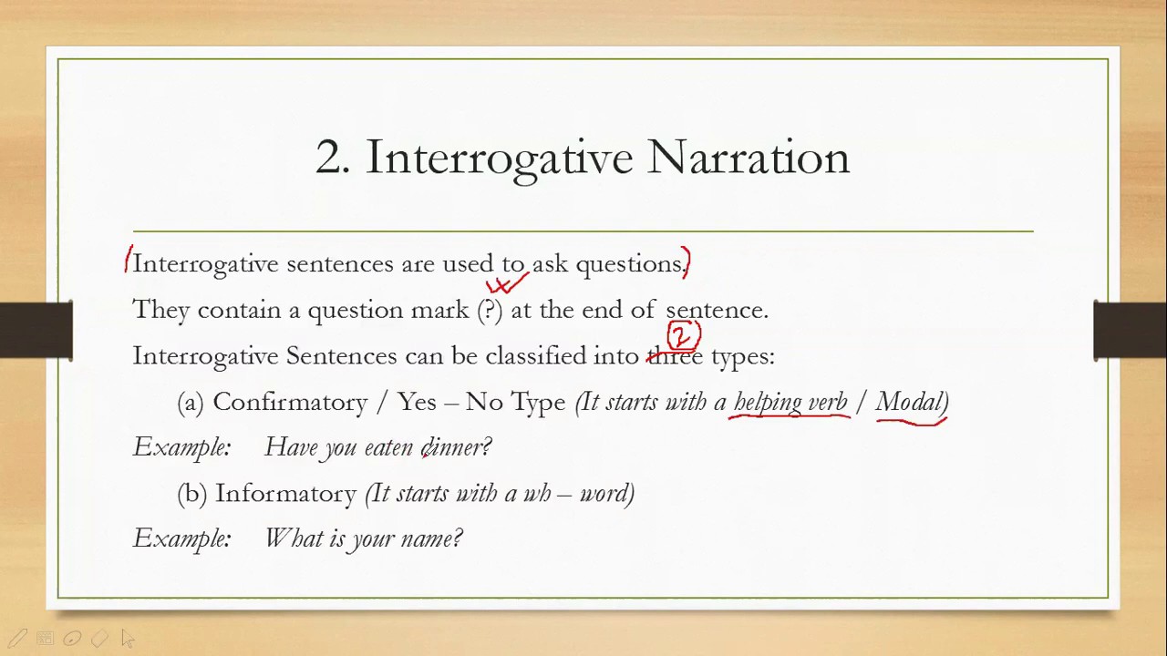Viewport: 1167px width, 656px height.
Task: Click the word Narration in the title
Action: point(749,158)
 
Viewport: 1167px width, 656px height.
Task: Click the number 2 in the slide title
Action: point(331,158)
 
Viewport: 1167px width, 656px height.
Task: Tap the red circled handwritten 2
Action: point(683,336)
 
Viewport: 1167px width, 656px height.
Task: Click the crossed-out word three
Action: point(675,356)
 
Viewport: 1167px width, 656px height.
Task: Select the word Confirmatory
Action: point(289,402)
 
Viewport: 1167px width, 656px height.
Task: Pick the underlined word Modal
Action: point(911,402)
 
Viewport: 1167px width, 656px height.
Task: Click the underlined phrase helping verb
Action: point(790,402)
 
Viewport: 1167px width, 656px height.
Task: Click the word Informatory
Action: point(285,493)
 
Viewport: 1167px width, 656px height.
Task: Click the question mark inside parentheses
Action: point(490,310)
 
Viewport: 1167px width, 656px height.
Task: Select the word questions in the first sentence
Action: point(629,264)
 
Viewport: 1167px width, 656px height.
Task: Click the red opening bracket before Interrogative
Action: point(129,260)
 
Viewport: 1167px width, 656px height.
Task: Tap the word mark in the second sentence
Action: point(439,310)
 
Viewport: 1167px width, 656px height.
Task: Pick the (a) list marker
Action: point(191,402)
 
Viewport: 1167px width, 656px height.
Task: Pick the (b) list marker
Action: point(191,493)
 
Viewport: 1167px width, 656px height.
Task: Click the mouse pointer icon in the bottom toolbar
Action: point(127,639)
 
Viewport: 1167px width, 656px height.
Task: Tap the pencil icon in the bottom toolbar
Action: point(17,639)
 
